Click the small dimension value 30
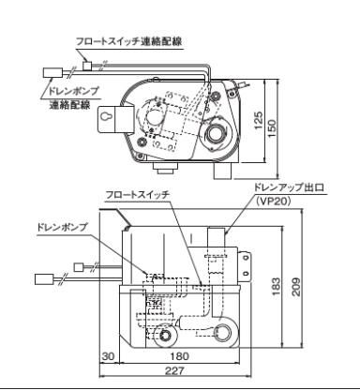pos(108,356)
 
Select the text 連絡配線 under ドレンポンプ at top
pos(68,105)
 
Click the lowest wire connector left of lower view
pos(43,278)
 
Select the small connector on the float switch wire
pos(87,66)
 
